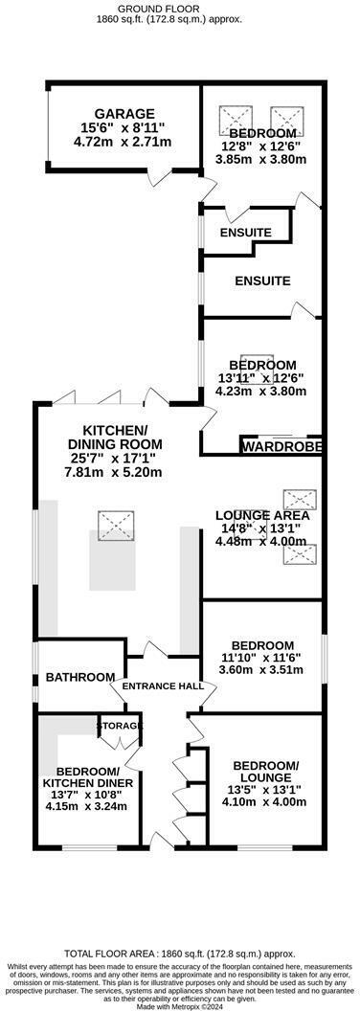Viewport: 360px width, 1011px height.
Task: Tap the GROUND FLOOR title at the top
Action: (x=179, y=7)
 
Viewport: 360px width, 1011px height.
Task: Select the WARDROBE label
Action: (x=280, y=447)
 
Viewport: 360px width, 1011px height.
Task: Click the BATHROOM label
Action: (x=80, y=677)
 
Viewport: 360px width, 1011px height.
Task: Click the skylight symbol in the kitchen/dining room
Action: (x=118, y=524)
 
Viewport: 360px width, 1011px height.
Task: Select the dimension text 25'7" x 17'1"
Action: (x=113, y=459)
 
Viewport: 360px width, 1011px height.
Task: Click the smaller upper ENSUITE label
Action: (x=245, y=233)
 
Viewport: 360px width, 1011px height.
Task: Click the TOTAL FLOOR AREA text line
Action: (x=179, y=955)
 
